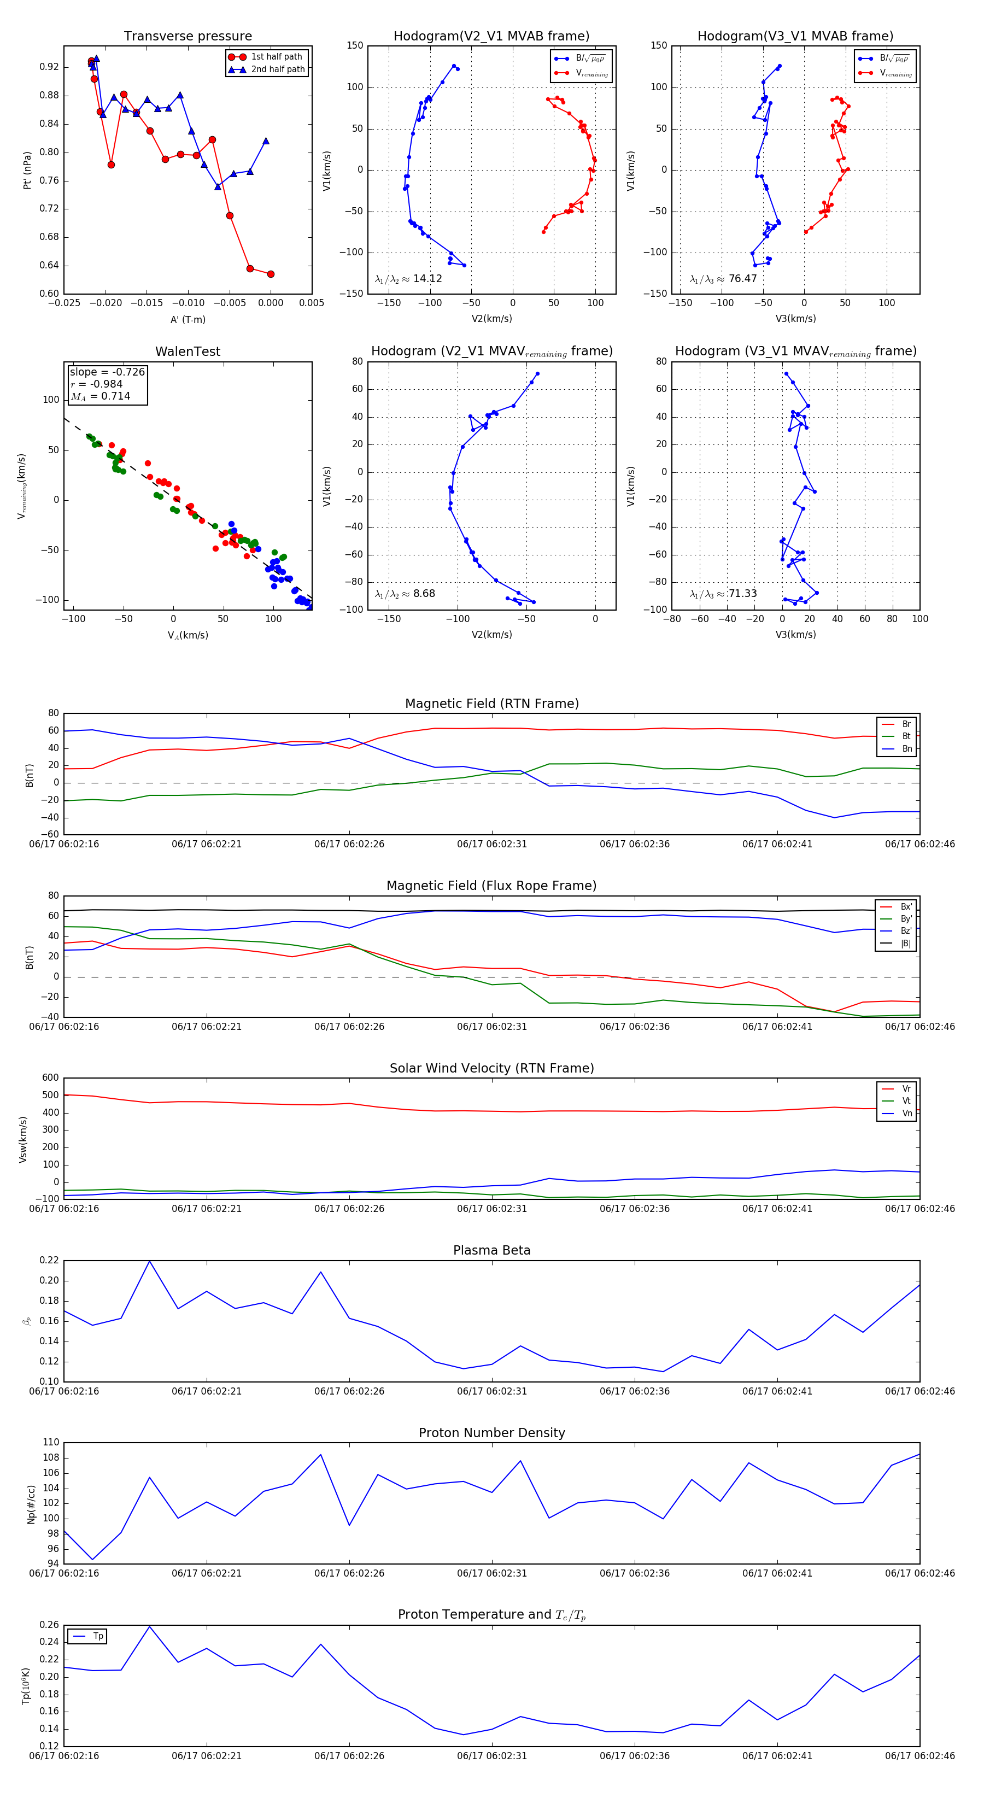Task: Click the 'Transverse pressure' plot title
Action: [188, 37]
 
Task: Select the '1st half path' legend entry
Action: [276, 57]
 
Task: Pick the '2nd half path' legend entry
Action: [277, 69]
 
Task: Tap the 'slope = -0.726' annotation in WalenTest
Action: [107, 372]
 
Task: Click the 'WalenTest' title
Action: [188, 352]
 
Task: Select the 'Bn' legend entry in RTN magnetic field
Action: [906, 748]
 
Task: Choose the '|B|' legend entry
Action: [906, 944]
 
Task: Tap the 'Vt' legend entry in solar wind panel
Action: [906, 1101]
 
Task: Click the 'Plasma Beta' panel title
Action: [491, 1250]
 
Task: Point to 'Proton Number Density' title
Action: [491, 1432]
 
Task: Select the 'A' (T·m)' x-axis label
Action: [188, 319]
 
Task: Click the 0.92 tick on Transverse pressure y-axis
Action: [49, 67]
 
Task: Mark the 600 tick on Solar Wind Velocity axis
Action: [50, 1078]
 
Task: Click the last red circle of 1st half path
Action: [271, 274]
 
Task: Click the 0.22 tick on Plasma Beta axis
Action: [49, 1260]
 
